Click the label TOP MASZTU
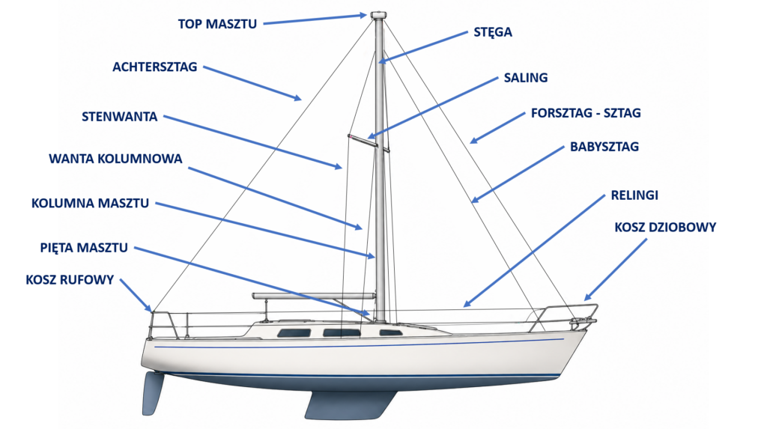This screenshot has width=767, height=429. coord(217,24)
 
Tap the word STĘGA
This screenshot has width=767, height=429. coord(493,32)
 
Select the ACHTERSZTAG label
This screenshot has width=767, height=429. coord(154,67)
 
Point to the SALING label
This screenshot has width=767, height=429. coord(526,78)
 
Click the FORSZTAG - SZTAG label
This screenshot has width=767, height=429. coord(586,113)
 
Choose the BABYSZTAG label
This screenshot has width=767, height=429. coord(604,147)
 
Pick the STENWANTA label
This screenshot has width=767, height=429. coord(119,117)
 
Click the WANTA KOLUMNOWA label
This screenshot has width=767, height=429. coord(115,159)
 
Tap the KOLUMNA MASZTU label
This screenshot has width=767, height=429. coord(90,204)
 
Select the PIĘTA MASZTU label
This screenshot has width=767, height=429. coord(84,248)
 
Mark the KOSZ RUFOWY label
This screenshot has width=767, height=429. coord(70,280)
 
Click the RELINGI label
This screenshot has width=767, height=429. coord(634,195)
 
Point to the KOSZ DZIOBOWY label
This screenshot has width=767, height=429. coord(665,228)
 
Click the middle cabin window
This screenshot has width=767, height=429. coord(339,333)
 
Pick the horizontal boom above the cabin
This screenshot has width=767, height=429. coord(314,296)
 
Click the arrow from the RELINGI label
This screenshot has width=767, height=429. coord(534,251)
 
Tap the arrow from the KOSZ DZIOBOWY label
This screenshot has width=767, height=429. coord(616,270)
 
